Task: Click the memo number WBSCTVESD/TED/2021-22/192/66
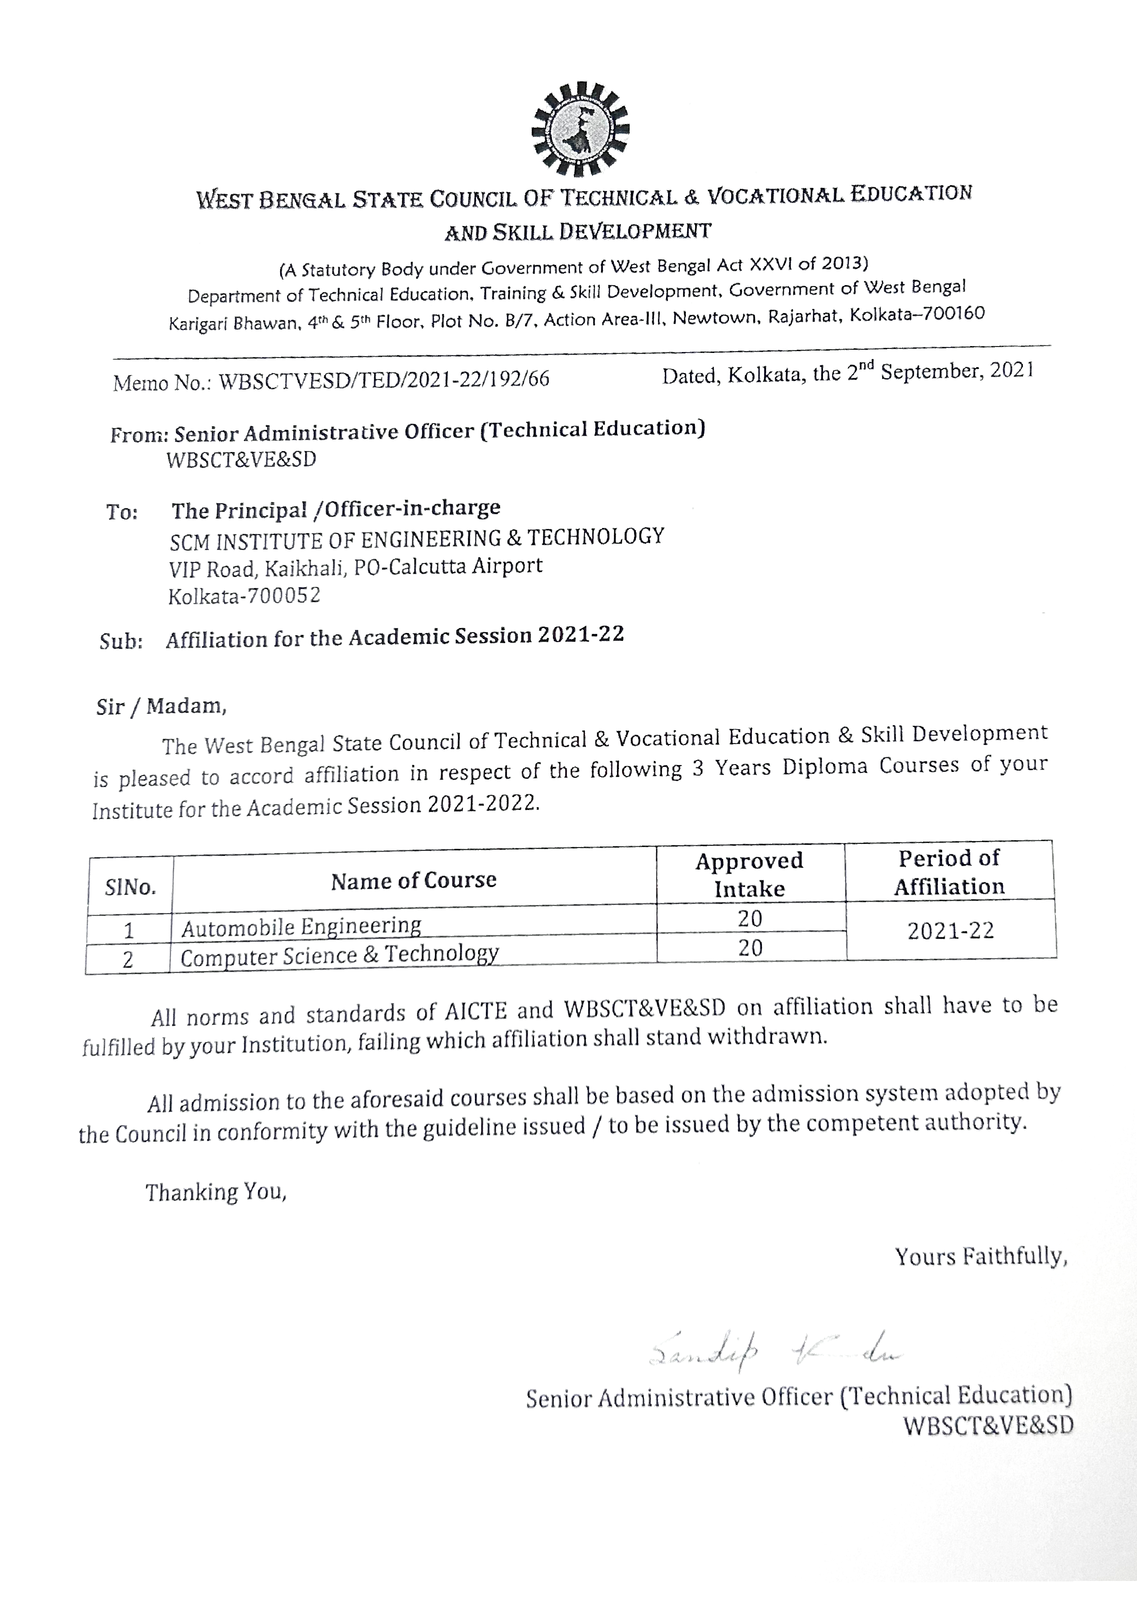[x=384, y=380]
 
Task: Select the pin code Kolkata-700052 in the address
[x=244, y=596]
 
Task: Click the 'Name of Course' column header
[x=414, y=881]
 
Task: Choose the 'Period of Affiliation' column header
[x=949, y=872]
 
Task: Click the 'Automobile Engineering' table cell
[x=301, y=926]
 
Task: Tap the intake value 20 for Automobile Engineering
[x=750, y=918]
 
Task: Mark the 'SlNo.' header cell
[x=130, y=888]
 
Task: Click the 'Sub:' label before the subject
[x=121, y=642]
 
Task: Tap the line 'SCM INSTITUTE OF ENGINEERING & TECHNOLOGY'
[x=417, y=539]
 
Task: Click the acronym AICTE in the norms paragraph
[x=476, y=1011]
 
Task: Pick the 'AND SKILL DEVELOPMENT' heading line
[x=578, y=231]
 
